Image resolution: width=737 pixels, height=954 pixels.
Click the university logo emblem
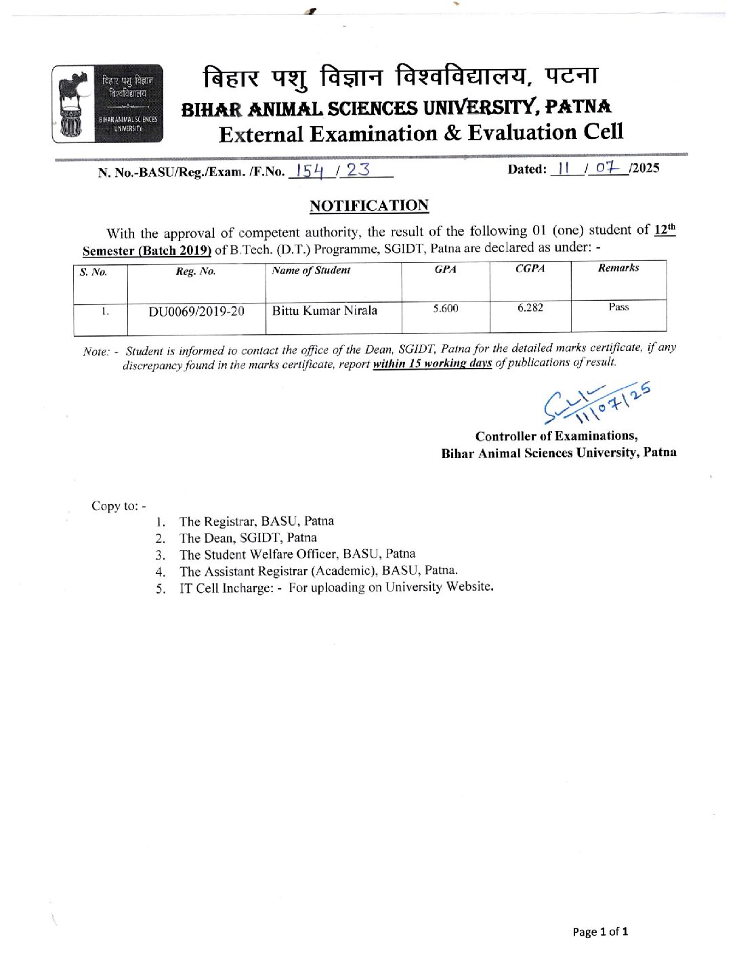(x=107, y=104)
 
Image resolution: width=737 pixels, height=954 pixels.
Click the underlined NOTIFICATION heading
(x=368, y=205)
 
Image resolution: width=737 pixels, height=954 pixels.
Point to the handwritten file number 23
(x=358, y=169)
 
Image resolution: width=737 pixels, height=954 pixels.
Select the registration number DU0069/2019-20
(x=196, y=312)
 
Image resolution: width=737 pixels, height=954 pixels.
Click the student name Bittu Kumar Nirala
(x=324, y=311)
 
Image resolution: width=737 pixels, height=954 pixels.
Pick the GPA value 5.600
(x=446, y=308)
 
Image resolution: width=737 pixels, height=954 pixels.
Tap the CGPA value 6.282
(x=530, y=308)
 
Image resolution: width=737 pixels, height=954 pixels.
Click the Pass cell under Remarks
(x=618, y=307)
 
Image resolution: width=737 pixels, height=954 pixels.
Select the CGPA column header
(x=530, y=268)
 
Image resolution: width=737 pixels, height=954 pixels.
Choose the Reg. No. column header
(x=196, y=271)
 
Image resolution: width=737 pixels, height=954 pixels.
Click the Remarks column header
(x=618, y=268)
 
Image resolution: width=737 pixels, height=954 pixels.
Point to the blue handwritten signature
(x=596, y=404)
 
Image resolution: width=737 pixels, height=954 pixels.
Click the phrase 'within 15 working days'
(x=432, y=363)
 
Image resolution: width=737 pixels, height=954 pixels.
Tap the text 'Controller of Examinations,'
(x=556, y=436)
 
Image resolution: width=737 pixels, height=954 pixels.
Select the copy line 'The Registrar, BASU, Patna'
(x=256, y=521)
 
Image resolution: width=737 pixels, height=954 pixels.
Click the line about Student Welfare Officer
(x=297, y=554)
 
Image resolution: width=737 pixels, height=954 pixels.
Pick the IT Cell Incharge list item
(x=336, y=587)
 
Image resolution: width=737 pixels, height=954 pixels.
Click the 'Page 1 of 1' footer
(x=600, y=932)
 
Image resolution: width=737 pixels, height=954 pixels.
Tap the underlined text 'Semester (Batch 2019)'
(x=147, y=250)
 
